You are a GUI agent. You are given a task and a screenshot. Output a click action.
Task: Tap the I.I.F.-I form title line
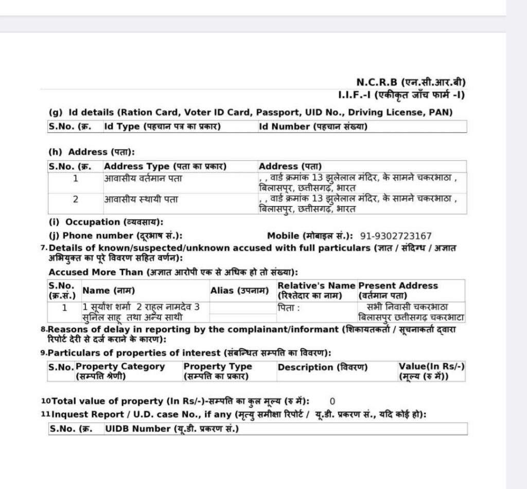(401, 95)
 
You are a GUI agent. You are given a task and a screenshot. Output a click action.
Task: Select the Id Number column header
(313, 127)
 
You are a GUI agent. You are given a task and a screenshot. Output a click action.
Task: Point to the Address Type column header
(165, 166)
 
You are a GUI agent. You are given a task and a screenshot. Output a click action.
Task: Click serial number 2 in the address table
(76, 199)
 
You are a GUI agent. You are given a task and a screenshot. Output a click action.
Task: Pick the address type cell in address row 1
(143, 179)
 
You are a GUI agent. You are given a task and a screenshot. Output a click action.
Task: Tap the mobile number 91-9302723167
(396, 236)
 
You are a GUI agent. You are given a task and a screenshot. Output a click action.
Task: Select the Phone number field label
(115, 236)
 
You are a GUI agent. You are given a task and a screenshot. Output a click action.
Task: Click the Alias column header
(240, 291)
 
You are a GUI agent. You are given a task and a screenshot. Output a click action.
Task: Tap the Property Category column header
(120, 371)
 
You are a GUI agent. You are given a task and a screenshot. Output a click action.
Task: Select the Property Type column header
(218, 371)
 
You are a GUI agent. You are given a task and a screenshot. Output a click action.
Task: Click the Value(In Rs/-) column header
(432, 371)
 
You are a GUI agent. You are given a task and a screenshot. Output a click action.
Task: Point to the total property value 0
(332, 401)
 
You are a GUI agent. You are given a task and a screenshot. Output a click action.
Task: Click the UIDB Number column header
(172, 429)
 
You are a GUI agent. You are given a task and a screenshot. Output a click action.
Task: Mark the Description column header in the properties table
(322, 367)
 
